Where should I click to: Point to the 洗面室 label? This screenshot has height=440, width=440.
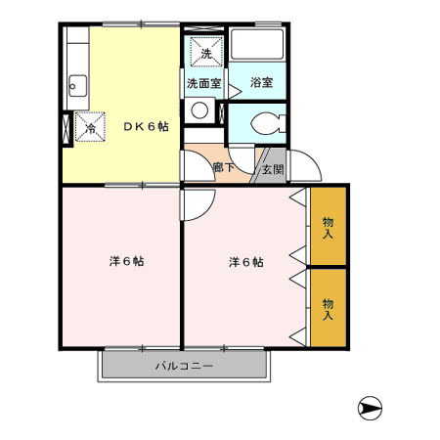204,84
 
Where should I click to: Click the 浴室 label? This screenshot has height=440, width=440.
260,84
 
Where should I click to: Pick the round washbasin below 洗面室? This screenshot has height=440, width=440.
201,110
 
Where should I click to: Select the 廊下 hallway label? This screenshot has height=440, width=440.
221,167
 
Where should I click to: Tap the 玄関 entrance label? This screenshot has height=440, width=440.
272,168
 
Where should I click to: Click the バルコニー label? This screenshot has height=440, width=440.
185,367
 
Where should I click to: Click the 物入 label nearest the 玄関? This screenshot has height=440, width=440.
329,228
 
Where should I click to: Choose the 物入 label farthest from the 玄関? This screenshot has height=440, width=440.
329,309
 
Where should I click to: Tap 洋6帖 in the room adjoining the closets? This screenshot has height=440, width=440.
247,262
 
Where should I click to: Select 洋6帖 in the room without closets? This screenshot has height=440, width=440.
126,262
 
